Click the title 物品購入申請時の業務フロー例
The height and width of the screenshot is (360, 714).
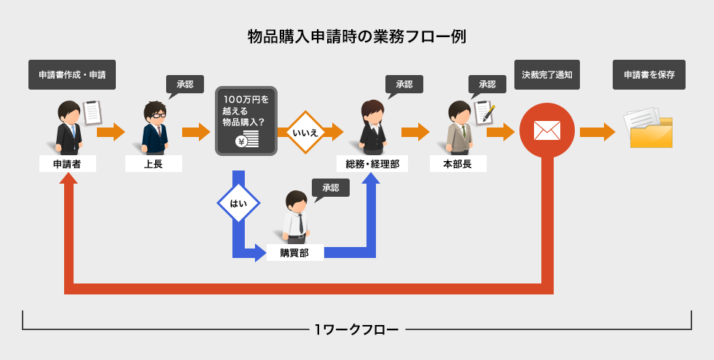coord(356,36)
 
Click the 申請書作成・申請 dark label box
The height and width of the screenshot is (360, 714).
coord(72,74)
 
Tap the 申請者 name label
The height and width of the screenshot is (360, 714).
coord(68,164)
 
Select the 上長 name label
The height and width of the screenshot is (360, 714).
coord(154,164)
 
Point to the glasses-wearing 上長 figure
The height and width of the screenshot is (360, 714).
coord(154,127)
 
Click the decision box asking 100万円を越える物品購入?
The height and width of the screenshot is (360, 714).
coord(246,121)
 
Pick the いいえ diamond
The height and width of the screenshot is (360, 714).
coord(304,133)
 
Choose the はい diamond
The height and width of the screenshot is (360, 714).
coord(238,203)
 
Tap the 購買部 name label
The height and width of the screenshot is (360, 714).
coord(294,253)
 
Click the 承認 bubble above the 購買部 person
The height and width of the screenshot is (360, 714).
coord(330,188)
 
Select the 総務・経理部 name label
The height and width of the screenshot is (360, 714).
coord(372,164)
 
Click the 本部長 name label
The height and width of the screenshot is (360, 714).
coord(458,164)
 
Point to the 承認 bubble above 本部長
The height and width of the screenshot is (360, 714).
coord(487,85)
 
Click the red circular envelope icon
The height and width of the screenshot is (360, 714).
coord(546,131)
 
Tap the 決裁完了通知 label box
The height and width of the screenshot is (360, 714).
coord(546,74)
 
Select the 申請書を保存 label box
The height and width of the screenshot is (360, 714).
coord(648,74)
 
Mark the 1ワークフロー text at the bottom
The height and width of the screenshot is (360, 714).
coord(356,329)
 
